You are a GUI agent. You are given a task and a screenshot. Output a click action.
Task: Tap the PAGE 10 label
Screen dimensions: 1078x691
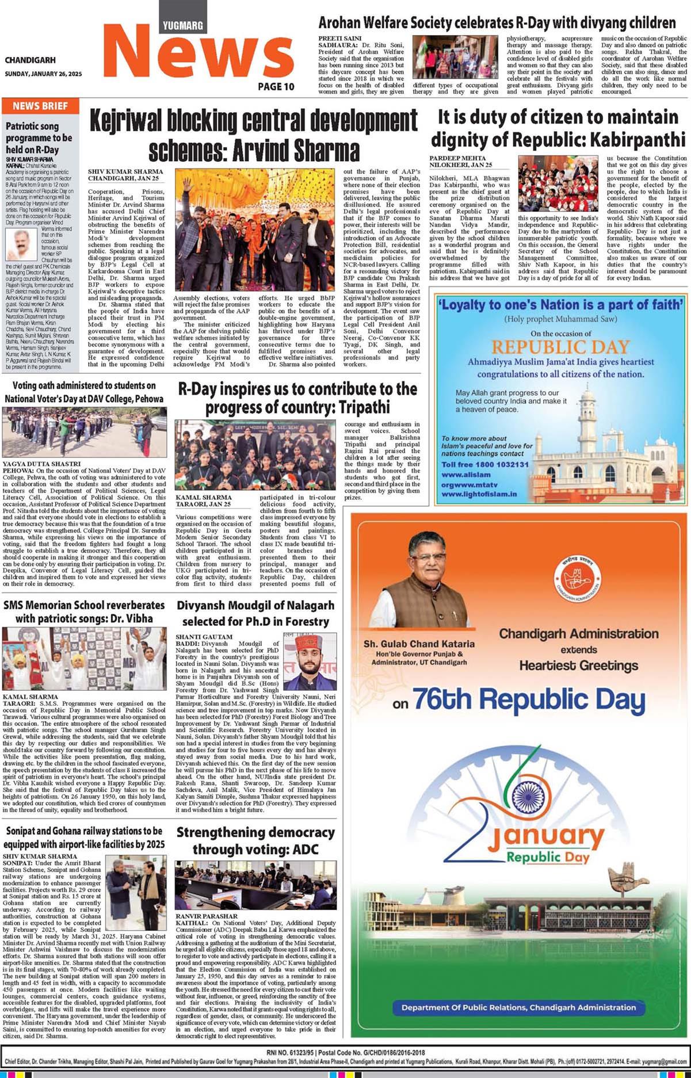pos(276,86)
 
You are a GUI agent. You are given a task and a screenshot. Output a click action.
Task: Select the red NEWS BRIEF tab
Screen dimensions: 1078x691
pos(40,106)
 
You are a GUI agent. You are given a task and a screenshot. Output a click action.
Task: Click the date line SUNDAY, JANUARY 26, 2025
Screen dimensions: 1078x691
pos(43,74)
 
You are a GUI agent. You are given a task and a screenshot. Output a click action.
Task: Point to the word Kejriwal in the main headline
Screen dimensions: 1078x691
pos(133,121)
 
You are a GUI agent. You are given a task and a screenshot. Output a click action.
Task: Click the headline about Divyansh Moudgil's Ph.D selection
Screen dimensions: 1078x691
pos(255,613)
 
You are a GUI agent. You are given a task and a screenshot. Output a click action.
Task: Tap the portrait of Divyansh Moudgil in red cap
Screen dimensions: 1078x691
pos(310,662)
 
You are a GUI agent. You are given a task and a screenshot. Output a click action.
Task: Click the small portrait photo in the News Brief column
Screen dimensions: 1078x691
pos(21,245)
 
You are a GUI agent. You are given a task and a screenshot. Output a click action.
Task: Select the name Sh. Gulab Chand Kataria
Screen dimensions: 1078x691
pos(419,644)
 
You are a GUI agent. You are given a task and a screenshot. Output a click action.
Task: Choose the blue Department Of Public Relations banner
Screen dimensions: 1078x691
pos(518,1007)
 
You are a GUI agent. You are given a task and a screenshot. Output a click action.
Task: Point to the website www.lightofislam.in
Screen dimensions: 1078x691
pos(479,494)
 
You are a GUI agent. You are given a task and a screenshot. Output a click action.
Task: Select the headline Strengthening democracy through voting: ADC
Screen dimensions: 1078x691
pos(255,840)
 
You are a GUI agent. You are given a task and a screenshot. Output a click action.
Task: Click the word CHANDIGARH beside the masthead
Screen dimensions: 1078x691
pos(30,60)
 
